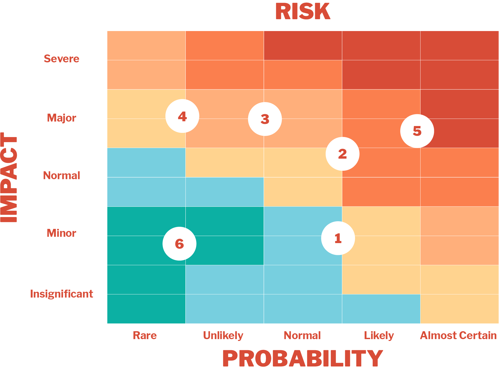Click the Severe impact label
click(61, 59)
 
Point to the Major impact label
click(61, 118)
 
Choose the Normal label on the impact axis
click(61, 175)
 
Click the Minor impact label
click(61, 233)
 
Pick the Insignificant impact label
click(61, 294)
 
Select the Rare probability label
click(145, 335)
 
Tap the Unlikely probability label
click(223, 335)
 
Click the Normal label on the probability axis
click(302, 335)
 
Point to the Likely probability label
click(379, 335)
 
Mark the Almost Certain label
click(458, 335)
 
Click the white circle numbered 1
click(338, 238)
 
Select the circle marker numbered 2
click(342, 154)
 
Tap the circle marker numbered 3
click(265, 119)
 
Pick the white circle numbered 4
click(182, 116)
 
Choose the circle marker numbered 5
click(417, 131)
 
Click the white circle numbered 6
click(179, 244)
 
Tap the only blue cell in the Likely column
click(381, 309)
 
